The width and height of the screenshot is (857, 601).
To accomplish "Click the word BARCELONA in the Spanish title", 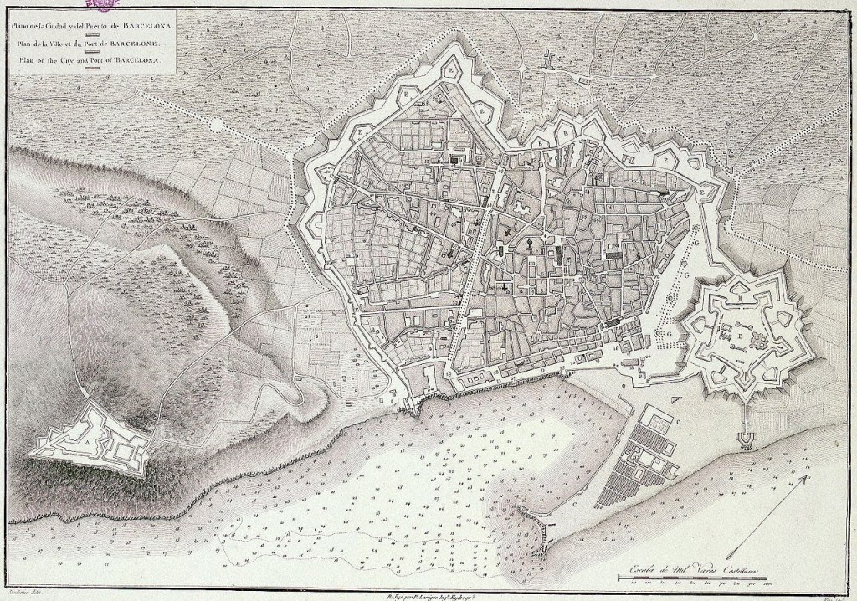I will [146, 25].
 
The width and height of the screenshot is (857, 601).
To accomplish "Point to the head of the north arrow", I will [806, 477].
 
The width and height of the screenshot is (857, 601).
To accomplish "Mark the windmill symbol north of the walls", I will [549, 59].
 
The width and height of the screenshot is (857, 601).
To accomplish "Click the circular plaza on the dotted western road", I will [217, 125].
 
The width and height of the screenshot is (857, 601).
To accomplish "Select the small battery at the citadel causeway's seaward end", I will [745, 436].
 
